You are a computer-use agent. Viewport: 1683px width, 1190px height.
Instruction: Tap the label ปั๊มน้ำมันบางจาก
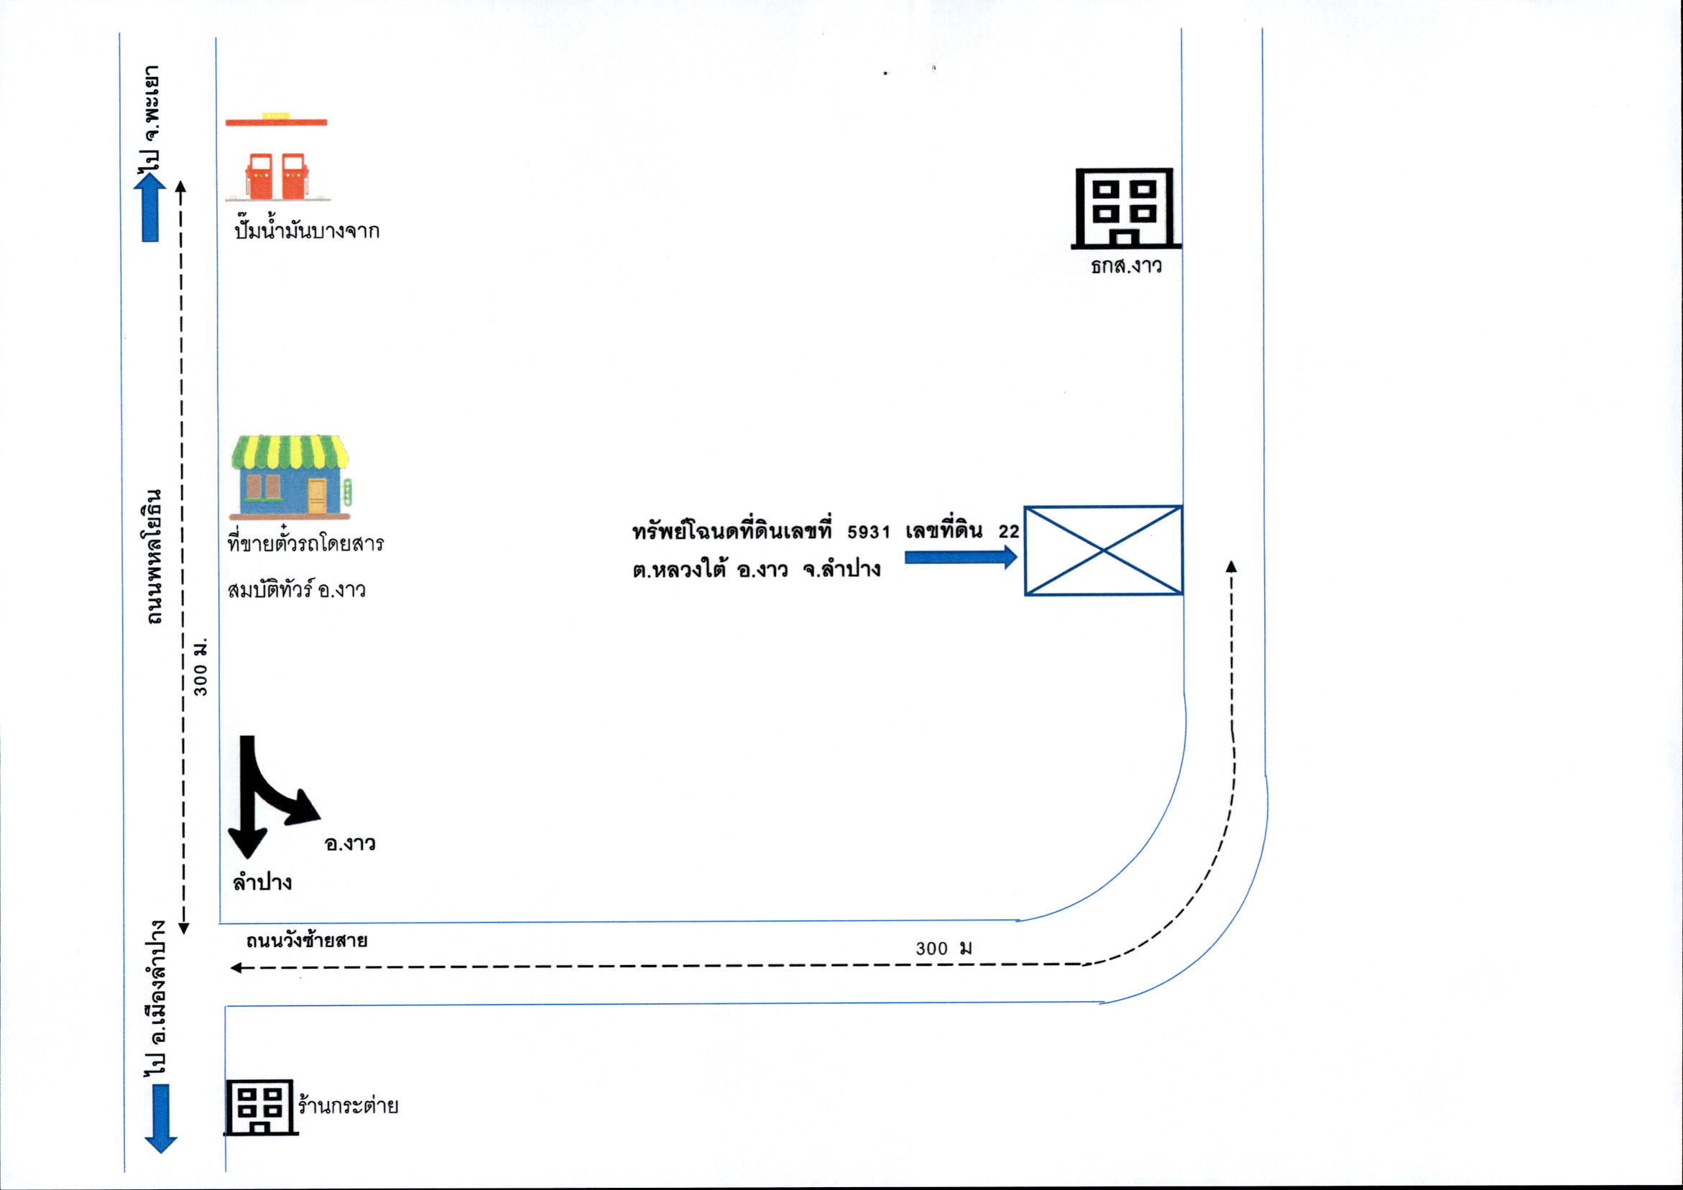click(307, 229)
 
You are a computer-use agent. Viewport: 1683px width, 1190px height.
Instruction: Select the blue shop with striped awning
click(290, 477)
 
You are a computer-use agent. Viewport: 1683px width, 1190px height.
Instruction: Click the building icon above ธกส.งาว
click(1126, 208)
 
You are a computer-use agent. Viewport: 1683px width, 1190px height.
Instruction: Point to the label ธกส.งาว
click(1126, 264)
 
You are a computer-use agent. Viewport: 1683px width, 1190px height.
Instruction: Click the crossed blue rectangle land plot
click(1103, 550)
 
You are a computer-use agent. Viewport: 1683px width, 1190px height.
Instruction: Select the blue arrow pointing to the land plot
click(961, 557)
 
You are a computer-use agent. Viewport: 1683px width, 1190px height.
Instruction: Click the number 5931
click(869, 532)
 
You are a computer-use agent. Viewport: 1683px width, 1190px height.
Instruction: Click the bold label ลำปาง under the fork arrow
click(262, 881)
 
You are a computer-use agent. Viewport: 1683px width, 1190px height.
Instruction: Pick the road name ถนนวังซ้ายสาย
click(306, 941)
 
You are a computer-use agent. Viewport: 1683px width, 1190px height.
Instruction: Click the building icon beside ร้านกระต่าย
click(260, 1107)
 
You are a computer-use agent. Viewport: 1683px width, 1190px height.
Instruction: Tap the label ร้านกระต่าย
click(349, 1104)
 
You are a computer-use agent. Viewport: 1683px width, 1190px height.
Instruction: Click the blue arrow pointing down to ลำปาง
click(160, 1119)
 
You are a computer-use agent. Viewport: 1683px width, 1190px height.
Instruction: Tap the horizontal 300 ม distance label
click(944, 948)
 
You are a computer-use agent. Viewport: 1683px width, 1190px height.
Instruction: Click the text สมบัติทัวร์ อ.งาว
click(297, 589)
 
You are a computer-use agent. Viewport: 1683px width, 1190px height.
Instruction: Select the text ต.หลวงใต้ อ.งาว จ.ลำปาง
click(757, 570)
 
